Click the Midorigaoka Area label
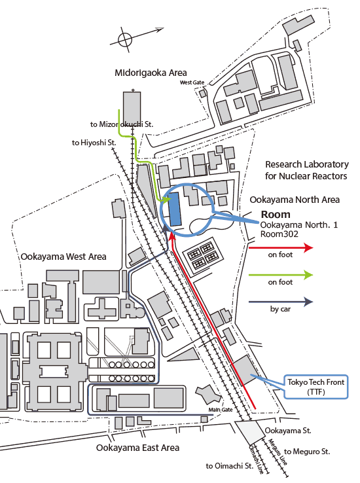pos(151,73)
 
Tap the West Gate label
pos(192,82)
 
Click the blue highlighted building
pos(175,209)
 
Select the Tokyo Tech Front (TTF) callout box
pos(315,387)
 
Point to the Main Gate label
pos(221,410)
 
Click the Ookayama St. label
pos(287,431)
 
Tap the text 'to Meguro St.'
pos(307,452)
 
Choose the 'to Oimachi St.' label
pos(230,466)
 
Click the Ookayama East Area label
pos(137,448)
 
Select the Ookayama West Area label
pos(63,257)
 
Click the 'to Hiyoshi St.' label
pos(94,143)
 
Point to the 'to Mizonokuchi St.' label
pos(122,124)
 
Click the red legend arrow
pos(281,247)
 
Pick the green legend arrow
pos(281,275)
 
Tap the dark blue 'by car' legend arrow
pos(281,302)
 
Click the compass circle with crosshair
pos(125,40)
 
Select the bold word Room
pos(276,215)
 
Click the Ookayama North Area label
pos(295,200)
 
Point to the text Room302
pos(279,234)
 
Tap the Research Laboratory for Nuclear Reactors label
pos(307,170)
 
